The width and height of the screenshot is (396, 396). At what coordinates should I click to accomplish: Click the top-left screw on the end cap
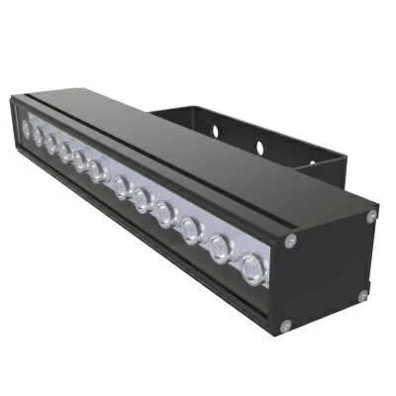289,240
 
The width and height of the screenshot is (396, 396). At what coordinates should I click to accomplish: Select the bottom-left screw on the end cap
284,323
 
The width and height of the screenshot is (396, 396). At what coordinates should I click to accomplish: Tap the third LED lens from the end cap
191,230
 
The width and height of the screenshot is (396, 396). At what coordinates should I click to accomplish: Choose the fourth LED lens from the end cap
165,213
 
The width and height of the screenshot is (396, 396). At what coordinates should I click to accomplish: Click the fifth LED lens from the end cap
143,199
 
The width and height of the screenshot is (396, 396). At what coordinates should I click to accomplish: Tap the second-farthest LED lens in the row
38,134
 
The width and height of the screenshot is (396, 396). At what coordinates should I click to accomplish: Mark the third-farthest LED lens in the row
50,142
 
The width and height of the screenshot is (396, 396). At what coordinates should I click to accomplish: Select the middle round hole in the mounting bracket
259,148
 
